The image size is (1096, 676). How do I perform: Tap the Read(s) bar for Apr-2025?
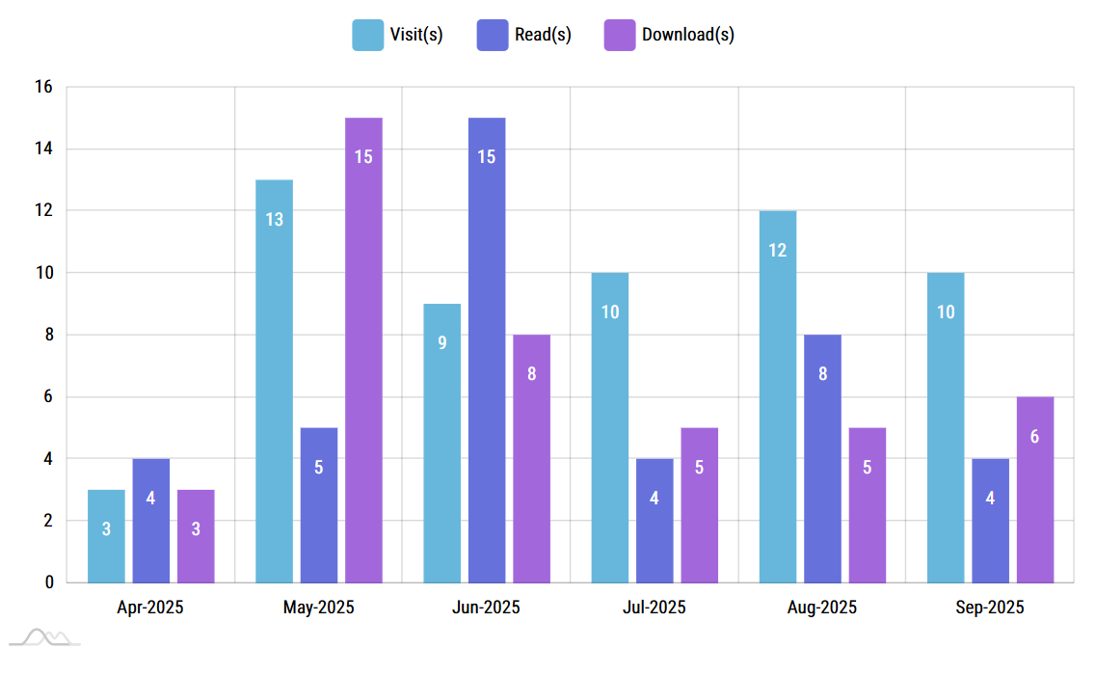(151, 521)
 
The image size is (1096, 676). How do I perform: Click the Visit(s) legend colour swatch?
(367, 35)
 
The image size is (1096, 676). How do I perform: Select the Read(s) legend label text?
(544, 35)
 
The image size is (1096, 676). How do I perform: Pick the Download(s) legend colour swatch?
(619, 35)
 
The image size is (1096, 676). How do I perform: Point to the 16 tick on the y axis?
(43, 87)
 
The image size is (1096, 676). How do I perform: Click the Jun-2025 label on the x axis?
(486, 608)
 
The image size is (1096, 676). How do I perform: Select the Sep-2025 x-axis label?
(990, 608)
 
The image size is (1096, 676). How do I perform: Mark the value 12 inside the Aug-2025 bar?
(777, 251)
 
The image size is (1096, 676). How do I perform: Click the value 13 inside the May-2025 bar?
(274, 220)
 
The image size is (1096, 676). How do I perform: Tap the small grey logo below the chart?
(44, 637)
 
